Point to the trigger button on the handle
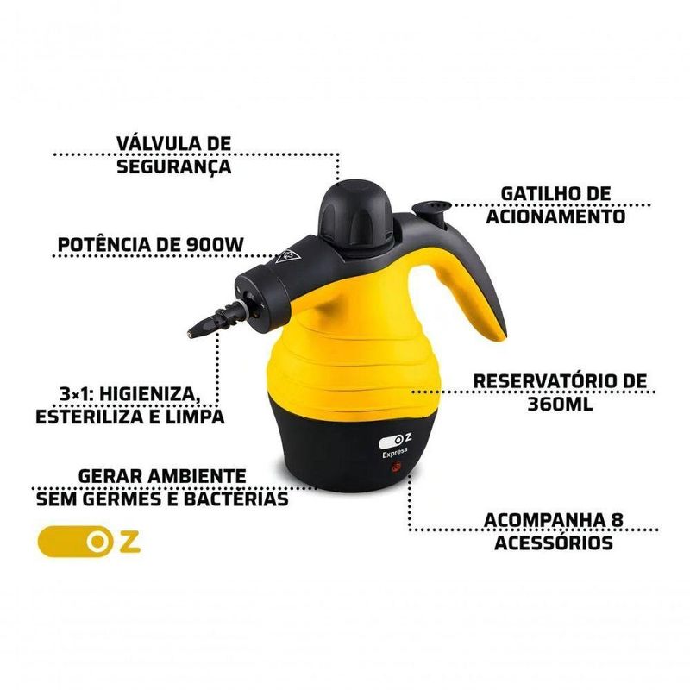click(432, 210)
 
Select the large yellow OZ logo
click(89, 542)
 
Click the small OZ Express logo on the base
click(395, 445)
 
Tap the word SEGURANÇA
click(174, 166)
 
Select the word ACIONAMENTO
click(555, 216)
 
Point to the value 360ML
click(560, 404)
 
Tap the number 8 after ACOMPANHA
click(617, 520)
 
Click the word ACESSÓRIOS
click(554, 543)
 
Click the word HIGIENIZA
click(148, 394)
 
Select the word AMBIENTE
click(197, 476)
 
